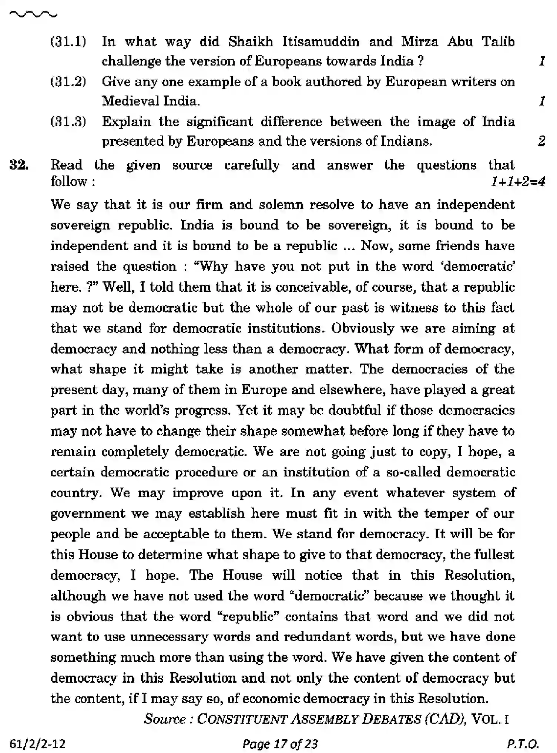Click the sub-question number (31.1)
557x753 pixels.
coord(68,41)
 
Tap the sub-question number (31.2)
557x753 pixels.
coord(68,81)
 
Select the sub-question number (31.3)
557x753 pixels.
coord(68,121)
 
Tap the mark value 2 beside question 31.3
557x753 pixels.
coord(541,141)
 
